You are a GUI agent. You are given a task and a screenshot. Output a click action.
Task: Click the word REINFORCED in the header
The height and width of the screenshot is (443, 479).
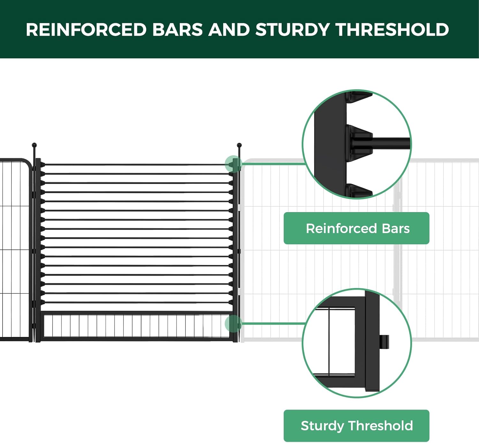point(86,30)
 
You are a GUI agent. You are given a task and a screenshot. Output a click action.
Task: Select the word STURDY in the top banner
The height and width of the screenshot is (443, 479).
point(292,30)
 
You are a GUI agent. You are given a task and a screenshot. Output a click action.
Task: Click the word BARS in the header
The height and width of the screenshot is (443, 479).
point(177,30)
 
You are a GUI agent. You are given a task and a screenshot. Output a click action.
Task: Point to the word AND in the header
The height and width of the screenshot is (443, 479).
point(229,30)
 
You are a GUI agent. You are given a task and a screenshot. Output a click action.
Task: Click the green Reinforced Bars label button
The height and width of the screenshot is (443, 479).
point(356,228)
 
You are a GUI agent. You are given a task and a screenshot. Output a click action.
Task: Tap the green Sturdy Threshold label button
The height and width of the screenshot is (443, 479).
point(356,425)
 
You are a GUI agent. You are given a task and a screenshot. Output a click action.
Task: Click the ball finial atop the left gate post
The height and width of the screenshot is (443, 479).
point(34,145)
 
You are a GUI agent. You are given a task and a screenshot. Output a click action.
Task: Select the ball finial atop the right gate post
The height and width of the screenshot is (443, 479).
point(239,145)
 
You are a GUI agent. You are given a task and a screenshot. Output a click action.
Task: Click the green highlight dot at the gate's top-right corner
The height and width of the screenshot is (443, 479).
point(233,164)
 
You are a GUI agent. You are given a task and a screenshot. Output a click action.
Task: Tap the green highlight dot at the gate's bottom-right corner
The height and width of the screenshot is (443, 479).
point(233,323)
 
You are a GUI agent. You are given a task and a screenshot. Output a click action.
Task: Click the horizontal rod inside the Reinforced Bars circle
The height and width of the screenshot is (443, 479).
point(391,143)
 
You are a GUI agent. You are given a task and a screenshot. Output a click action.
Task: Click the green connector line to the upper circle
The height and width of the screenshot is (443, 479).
point(273,164)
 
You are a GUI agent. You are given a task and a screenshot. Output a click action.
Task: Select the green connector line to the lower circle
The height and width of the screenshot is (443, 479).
point(273,323)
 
